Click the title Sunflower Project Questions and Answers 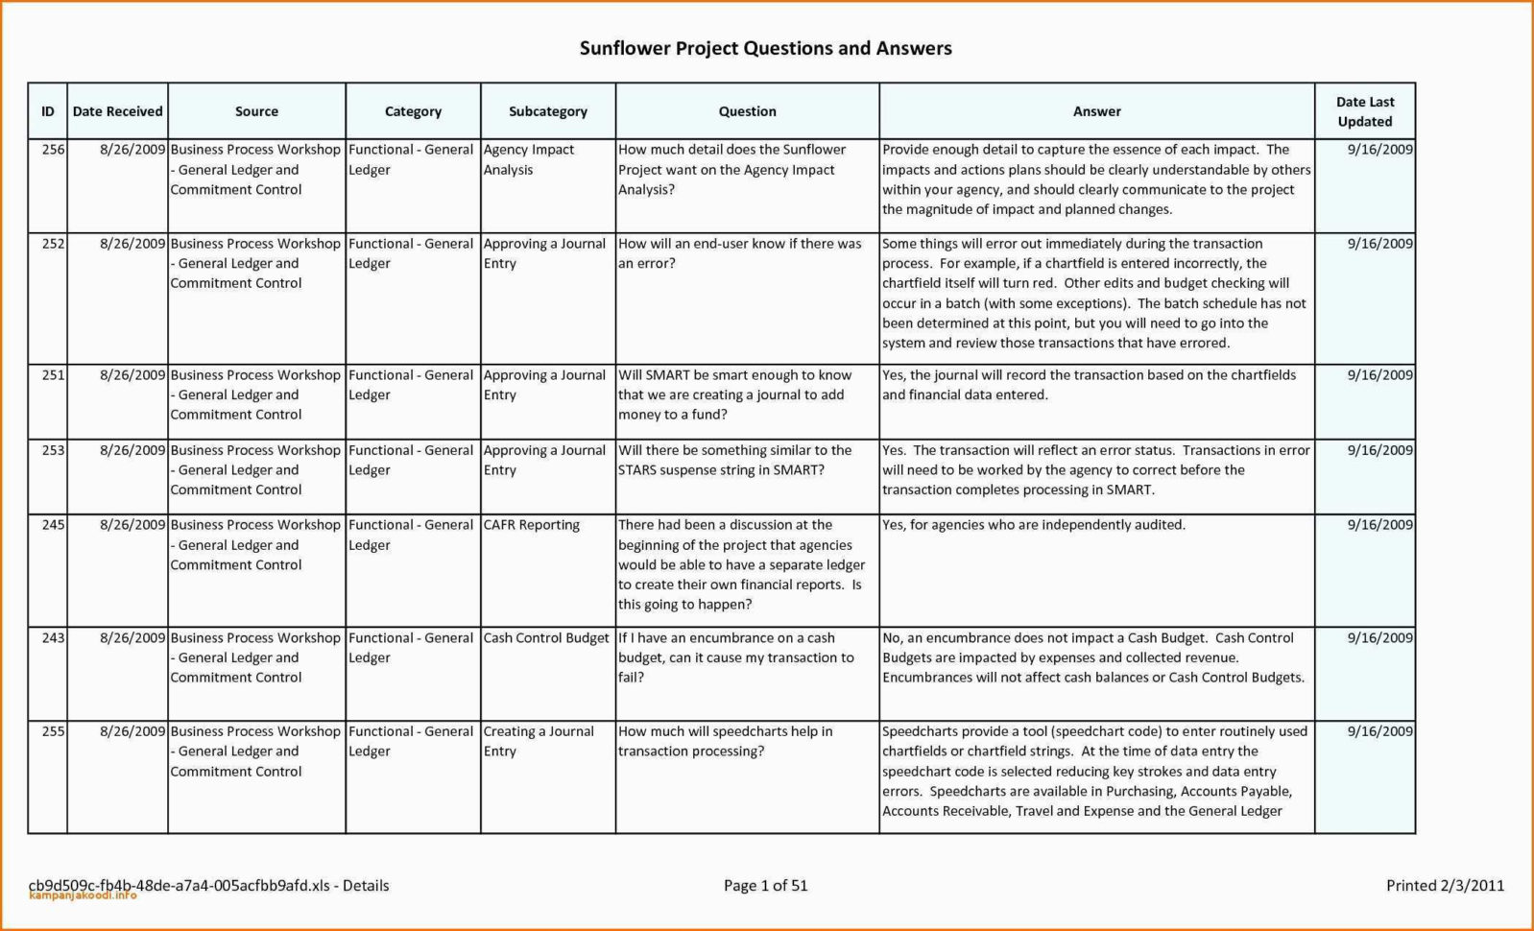tap(765, 48)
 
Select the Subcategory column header tap(547, 111)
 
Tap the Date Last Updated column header tap(1364, 111)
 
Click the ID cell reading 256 tap(53, 150)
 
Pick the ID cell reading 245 tap(53, 525)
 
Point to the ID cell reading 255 tap(53, 731)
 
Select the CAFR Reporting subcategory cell tap(532, 525)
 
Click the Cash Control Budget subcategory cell tap(546, 638)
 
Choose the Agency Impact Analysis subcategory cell tap(529, 159)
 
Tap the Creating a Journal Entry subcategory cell tap(539, 741)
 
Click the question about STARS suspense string tap(734, 460)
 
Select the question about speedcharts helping tap(725, 741)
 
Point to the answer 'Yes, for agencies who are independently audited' tap(1033, 525)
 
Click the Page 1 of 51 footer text tap(765, 886)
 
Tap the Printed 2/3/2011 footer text tap(1445, 886)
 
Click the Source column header tap(256, 111)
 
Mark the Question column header tap(747, 111)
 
